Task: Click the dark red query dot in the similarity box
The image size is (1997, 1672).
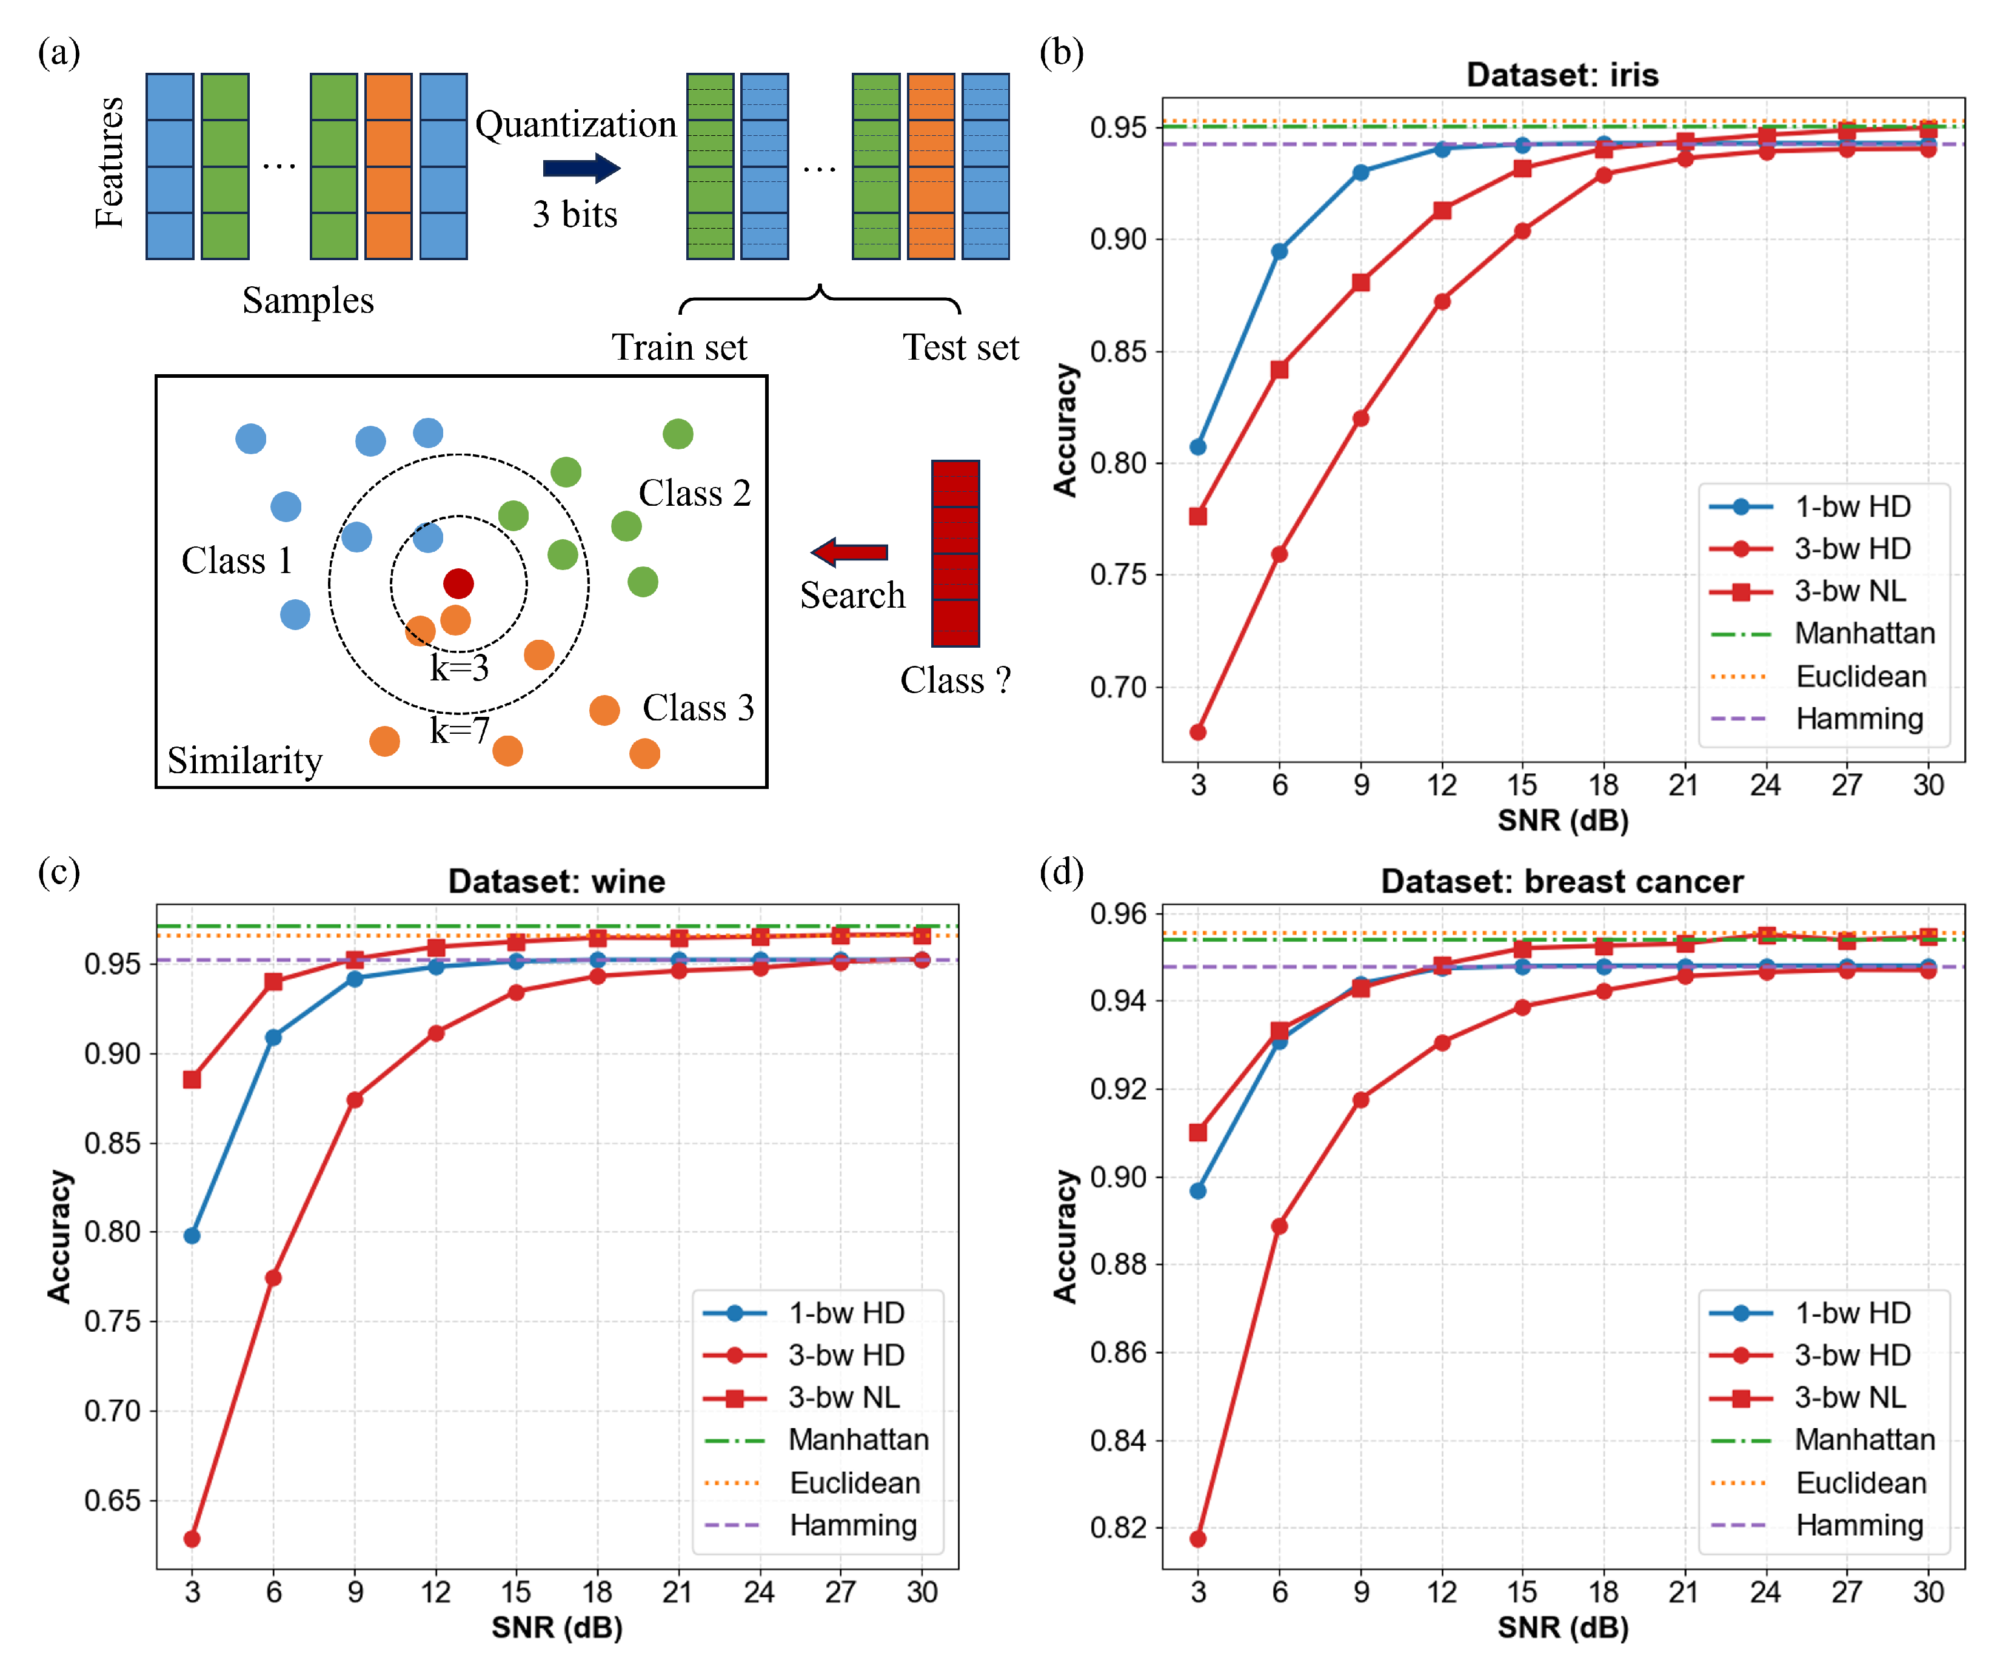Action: click(458, 583)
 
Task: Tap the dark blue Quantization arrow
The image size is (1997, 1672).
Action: click(581, 169)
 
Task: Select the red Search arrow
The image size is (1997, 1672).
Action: click(849, 552)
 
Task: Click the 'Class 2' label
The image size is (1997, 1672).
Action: click(694, 492)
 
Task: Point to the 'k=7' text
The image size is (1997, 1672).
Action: click(460, 730)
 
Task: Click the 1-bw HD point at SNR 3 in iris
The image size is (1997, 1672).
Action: click(1198, 447)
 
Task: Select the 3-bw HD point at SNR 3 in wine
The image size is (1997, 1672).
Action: click(192, 1538)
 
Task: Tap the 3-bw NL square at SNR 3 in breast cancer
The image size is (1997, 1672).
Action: click(1198, 1132)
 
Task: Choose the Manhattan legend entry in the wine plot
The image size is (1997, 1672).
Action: click(858, 1439)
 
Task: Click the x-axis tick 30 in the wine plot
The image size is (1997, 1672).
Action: click(922, 1592)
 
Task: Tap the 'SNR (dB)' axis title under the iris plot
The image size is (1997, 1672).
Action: click(1562, 820)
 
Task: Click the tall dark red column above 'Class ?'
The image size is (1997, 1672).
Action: click(955, 554)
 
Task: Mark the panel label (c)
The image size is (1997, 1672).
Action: click(59, 871)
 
